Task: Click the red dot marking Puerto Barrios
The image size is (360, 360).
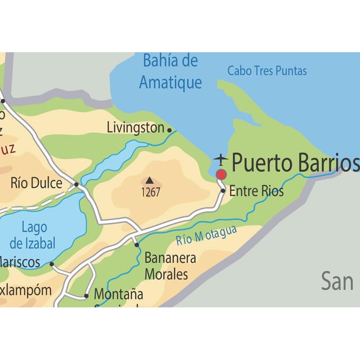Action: point(221,174)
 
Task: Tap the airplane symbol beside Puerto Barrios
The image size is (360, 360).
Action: point(220,159)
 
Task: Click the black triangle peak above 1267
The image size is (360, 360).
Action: point(149,180)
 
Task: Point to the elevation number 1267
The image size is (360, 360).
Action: point(151,192)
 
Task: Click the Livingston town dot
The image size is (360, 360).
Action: point(170,130)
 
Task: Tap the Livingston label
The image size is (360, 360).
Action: point(135,128)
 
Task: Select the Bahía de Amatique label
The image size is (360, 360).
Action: point(170,72)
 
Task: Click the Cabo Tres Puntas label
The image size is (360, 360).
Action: point(267,71)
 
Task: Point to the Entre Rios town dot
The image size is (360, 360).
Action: point(223,191)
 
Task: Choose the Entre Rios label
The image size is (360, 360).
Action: point(256,191)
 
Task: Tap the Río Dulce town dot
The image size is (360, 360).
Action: point(76,184)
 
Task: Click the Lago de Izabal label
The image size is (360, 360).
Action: point(33,236)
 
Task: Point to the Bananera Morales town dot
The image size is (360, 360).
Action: point(137,245)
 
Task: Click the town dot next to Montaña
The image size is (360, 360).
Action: point(86,296)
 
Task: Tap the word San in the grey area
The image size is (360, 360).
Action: point(337,282)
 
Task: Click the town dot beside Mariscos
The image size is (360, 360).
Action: point(52,264)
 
